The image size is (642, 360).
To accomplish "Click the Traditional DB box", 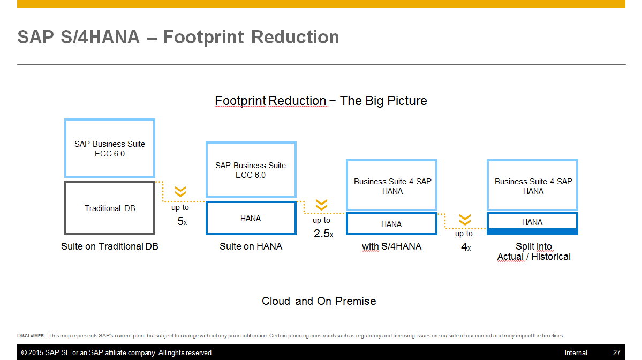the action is (x=110, y=208).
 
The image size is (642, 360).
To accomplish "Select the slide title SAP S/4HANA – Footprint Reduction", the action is (x=178, y=37).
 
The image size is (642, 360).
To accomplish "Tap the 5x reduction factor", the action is (x=182, y=221).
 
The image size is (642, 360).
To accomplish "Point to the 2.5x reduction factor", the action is (x=323, y=234).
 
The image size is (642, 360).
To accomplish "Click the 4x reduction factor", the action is (x=465, y=247).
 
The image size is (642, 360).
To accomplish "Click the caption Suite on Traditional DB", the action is (x=110, y=246).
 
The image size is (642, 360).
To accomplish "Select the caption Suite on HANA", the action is (x=251, y=246).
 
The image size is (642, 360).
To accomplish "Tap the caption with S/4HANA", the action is (x=391, y=246).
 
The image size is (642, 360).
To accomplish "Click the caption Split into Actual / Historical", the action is (x=533, y=251).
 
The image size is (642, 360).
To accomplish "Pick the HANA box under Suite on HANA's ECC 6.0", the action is (x=251, y=218).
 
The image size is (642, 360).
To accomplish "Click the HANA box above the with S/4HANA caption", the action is (x=391, y=224).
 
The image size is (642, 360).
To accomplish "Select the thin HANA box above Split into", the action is (x=532, y=222).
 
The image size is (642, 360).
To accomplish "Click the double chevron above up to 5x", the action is (x=180, y=192).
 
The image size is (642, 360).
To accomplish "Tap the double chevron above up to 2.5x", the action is (x=321, y=205).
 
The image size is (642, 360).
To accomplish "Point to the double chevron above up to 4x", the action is (x=465, y=220).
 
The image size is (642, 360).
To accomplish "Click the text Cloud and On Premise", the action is (x=319, y=301).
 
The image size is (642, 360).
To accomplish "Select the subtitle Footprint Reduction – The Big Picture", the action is (x=321, y=101).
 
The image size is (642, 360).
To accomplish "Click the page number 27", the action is (x=616, y=352).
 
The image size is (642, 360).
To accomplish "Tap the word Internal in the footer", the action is (x=576, y=352).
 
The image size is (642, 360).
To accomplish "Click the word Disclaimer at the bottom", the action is (x=31, y=336).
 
